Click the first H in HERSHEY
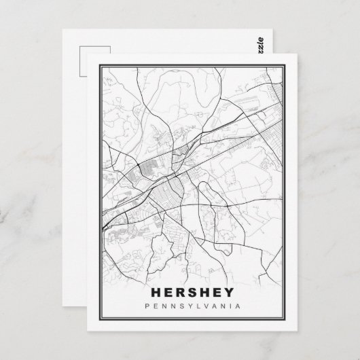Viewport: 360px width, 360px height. (x=153, y=295)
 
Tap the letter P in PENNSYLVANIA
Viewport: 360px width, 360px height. (x=149, y=308)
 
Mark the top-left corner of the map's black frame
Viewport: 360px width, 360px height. (x=98, y=65)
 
